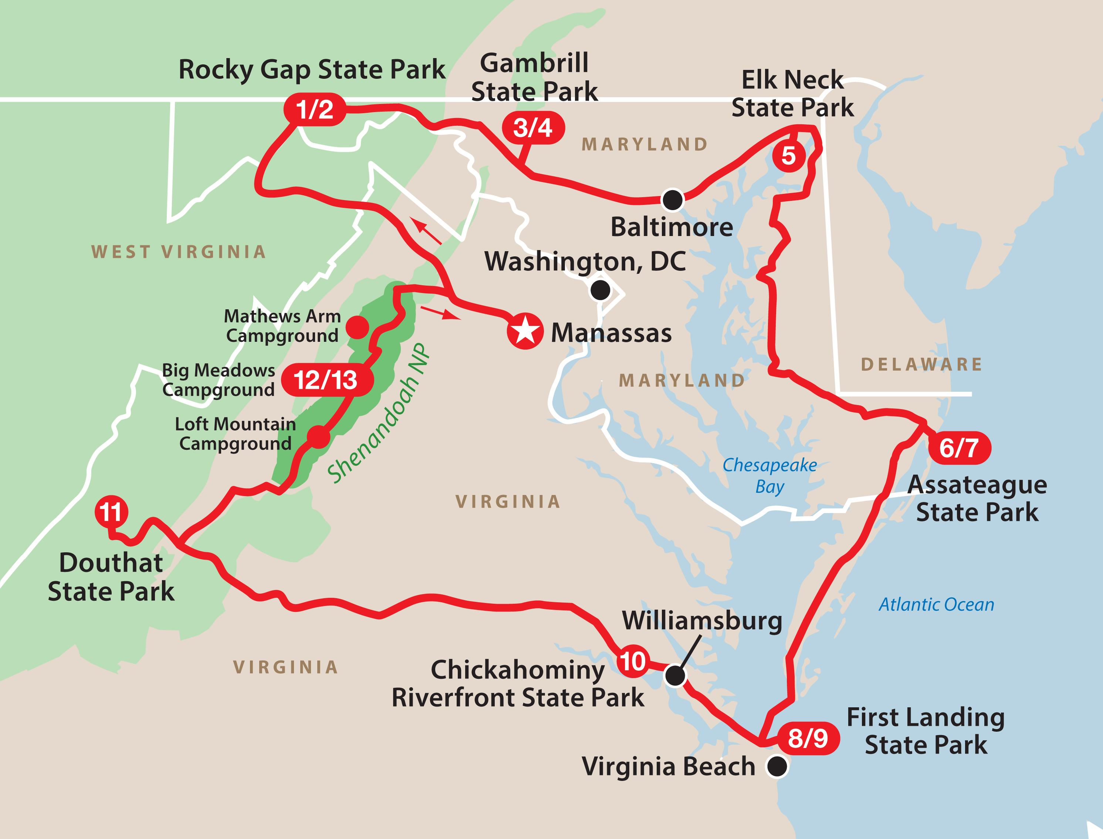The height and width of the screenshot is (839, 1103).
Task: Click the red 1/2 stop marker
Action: (314, 109)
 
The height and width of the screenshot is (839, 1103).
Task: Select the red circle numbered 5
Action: (788, 156)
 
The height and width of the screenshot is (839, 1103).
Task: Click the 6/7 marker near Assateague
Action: (959, 448)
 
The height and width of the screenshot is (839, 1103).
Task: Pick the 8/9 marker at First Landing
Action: (808, 738)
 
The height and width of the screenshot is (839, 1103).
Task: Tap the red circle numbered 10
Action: (633, 662)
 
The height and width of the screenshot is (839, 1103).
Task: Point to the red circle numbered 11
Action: (111, 512)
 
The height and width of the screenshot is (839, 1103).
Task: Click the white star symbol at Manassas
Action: (525, 331)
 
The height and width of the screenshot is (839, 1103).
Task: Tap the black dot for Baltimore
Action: (672, 200)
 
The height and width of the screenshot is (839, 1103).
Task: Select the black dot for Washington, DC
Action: (600, 290)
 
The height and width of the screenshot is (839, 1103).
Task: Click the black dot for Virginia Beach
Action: (777, 766)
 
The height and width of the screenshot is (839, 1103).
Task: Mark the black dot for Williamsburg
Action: (675, 676)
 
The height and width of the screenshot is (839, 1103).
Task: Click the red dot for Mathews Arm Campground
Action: (357, 327)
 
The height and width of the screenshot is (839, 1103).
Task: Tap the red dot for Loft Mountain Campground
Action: (318, 437)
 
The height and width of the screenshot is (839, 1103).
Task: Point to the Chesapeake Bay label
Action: (769, 475)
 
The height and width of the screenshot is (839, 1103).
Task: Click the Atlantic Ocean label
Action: (936, 605)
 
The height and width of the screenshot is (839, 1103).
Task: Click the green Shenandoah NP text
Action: (378, 414)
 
